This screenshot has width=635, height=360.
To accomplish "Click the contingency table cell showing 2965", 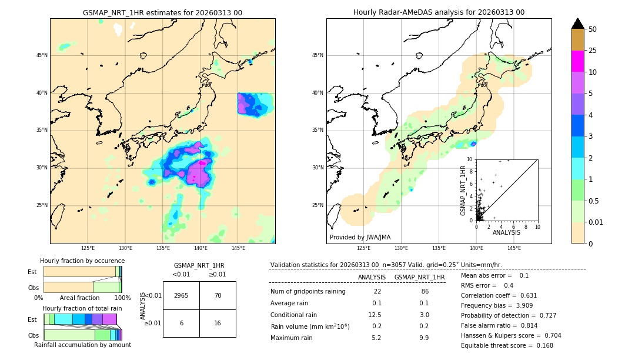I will [181, 295].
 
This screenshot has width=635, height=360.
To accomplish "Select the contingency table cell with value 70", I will [218, 295].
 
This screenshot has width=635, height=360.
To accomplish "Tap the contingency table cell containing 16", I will [218, 324].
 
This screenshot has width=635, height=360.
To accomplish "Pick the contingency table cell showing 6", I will [181, 324].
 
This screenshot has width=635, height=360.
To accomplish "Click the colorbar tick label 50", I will [593, 29].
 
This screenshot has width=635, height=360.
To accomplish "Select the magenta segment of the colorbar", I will [577, 61].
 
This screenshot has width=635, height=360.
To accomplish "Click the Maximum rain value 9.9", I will [423, 338].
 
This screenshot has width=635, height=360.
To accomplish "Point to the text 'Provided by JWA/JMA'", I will [360, 238].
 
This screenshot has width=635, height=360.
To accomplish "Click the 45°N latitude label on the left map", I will [42, 55].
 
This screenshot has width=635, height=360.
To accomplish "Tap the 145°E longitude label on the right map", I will [514, 248].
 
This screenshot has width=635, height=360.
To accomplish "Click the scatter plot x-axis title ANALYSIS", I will [507, 233].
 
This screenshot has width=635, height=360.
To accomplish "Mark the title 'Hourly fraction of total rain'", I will [82, 308].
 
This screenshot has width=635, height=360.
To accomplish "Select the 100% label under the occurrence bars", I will [122, 298].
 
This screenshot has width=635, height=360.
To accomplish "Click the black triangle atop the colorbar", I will [577, 23].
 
